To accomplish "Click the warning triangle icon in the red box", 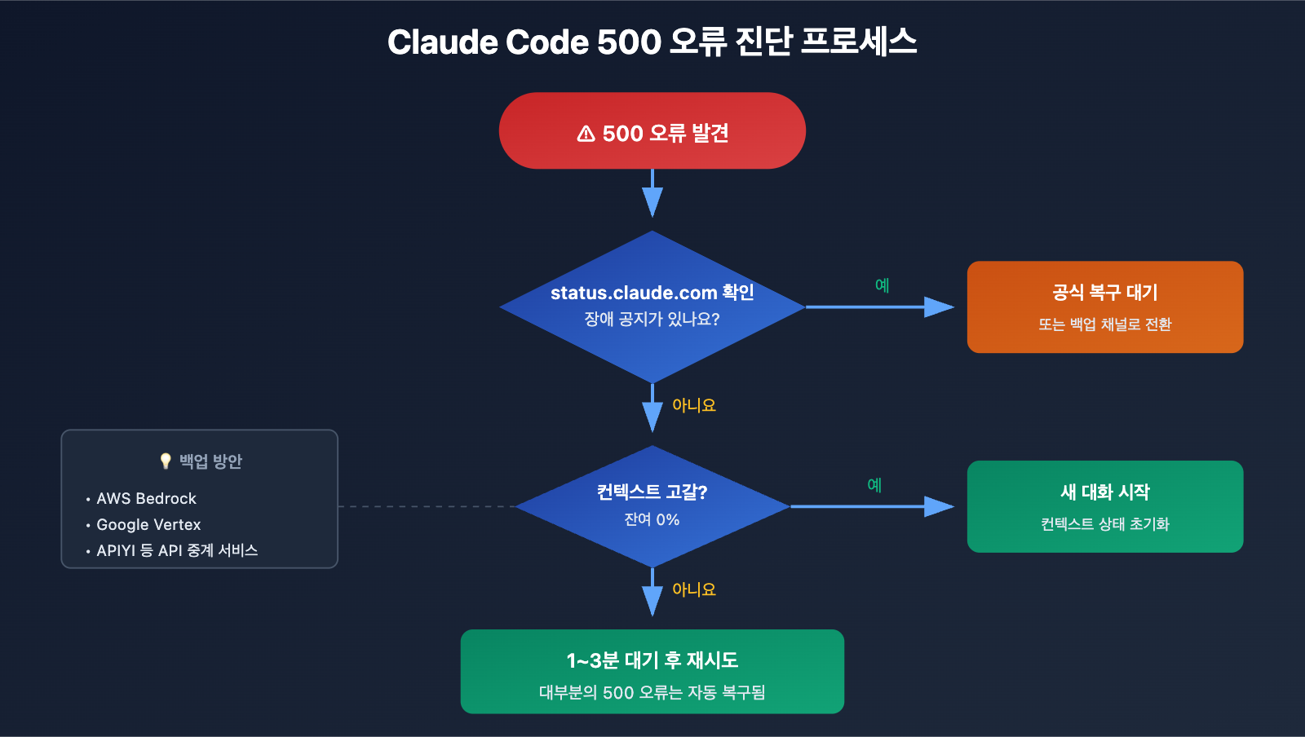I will (586, 134).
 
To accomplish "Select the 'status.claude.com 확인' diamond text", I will (652, 293).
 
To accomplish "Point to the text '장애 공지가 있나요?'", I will (652, 320).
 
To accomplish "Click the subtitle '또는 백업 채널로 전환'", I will (1104, 324).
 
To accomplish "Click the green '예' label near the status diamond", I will (882, 285).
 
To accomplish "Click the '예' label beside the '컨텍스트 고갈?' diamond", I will (874, 485).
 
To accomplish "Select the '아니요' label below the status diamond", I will (693, 405).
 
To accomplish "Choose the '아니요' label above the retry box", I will (693, 589).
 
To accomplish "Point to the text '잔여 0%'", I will (652, 520).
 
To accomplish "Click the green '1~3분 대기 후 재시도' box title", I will (652, 660).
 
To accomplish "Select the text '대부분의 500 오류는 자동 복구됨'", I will (652, 693).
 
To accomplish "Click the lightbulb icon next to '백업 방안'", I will (166, 461).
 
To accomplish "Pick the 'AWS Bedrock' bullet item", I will (146, 499).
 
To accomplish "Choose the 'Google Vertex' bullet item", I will (148, 525).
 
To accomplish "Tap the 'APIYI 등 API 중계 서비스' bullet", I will (177, 551).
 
